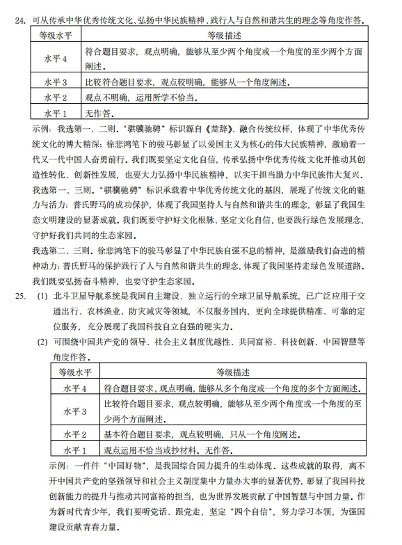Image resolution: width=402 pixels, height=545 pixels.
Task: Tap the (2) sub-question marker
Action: click(42, 342)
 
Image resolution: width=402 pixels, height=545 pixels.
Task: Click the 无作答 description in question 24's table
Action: click(98, 112)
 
